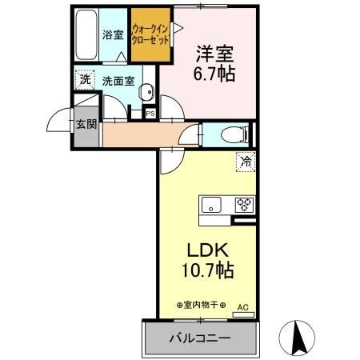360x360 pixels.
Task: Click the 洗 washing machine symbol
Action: click(84, 80)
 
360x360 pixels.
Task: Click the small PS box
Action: click(150, 114)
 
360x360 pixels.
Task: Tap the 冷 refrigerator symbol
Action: click(246, 162)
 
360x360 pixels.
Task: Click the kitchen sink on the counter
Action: click(212, 204)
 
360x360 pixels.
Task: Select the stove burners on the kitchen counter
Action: click(244, 204)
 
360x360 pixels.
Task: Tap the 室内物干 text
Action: click(200, 305)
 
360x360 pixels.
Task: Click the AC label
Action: click(243, 306)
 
